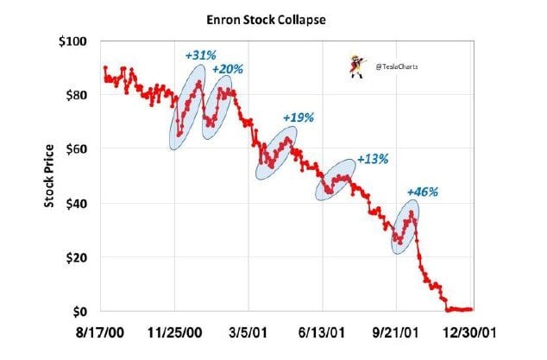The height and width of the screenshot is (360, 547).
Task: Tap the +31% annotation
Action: [200, 55]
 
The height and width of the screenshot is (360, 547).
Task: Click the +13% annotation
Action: [372, 160]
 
